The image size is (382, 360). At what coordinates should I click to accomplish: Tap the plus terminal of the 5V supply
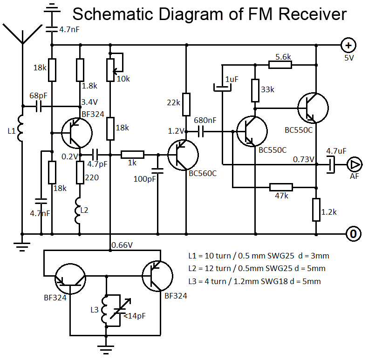pyautogui.click(x=348, y=45)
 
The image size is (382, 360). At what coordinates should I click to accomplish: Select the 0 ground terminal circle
pyautogui.click(x=353, y=233)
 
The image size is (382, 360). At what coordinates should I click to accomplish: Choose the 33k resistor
pyautogui.click(x=255, y=90)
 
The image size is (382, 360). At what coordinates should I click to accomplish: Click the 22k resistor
pyautogui.click(x=186, y=104)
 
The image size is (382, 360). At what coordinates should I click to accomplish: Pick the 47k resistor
pyautogui.click(x=281, y=187)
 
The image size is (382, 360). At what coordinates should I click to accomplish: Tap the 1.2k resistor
pyautogui.click(x=316, y=210)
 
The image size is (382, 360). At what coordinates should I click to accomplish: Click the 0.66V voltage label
pyautogui.click(x=122, y=245)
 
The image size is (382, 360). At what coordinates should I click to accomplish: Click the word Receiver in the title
pyautogui.click(x=313, y=14)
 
